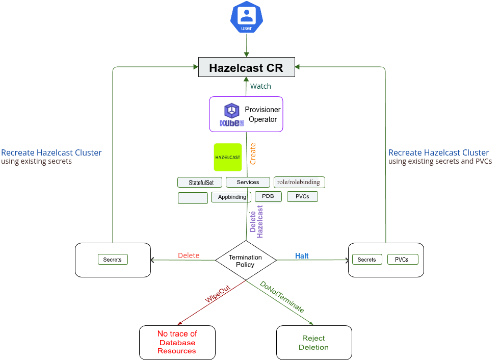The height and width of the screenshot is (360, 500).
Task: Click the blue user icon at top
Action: point(246,17)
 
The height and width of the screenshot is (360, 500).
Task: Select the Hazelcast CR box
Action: point(246,68)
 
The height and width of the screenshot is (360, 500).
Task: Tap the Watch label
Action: point(260,86)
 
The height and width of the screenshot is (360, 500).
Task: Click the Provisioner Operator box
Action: point(246,115)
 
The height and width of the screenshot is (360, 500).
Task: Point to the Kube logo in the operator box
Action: point(232,115)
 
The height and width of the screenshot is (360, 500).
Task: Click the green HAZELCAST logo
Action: point(227,157)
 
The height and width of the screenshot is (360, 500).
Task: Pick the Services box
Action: point(248,182)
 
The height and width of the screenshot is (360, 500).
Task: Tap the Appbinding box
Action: point(231,197)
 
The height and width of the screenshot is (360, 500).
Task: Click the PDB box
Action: point(268,196)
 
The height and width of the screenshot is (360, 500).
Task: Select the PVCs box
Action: point(302,196)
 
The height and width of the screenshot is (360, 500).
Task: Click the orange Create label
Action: point(253,153)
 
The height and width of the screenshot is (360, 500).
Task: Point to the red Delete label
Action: point(189,255)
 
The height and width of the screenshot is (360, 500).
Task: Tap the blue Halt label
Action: point(302,255)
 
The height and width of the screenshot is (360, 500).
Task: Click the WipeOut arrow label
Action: point(218,295)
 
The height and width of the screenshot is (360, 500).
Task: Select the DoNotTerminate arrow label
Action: point(282,297)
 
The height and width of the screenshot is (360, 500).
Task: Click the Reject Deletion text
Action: point(313,343)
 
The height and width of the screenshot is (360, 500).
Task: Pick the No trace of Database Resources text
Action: point(177,342)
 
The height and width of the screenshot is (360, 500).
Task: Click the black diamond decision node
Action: point(246,261)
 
